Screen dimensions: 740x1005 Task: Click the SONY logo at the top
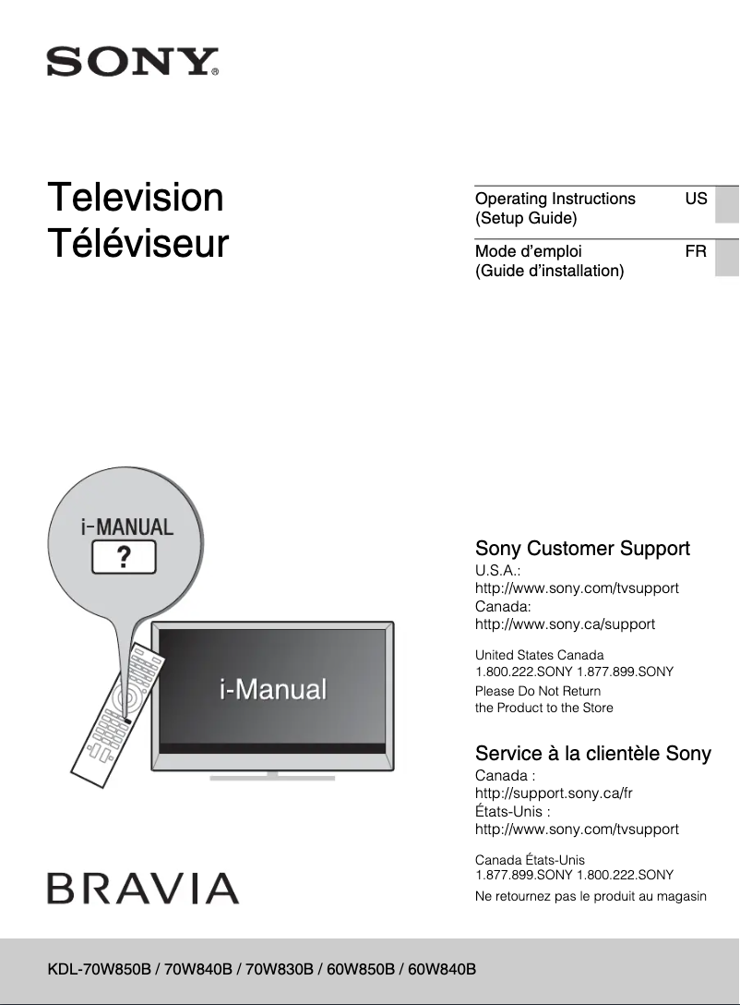tap(133, 62)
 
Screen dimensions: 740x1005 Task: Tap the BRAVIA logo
tap(143, 889)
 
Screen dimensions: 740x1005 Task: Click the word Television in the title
tap(136, 198)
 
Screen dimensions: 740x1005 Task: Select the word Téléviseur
tap(138, 244)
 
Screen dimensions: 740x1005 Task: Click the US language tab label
tap(696, 199)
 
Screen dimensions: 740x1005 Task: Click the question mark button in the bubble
tap(123, 558)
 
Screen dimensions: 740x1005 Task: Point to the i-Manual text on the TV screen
tap(273, 689)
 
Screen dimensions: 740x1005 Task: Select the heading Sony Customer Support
tap(582, 549)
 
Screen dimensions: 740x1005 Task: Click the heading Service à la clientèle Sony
tap(592, 754)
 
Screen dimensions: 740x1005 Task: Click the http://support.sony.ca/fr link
tap(553, 793)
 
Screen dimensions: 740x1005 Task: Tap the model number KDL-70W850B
tap(101, 969)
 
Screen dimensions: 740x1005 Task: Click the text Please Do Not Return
tap(537, 691)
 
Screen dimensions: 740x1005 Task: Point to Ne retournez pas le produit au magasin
tap(591, 896)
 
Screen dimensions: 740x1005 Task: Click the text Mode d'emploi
tap(528, 251)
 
